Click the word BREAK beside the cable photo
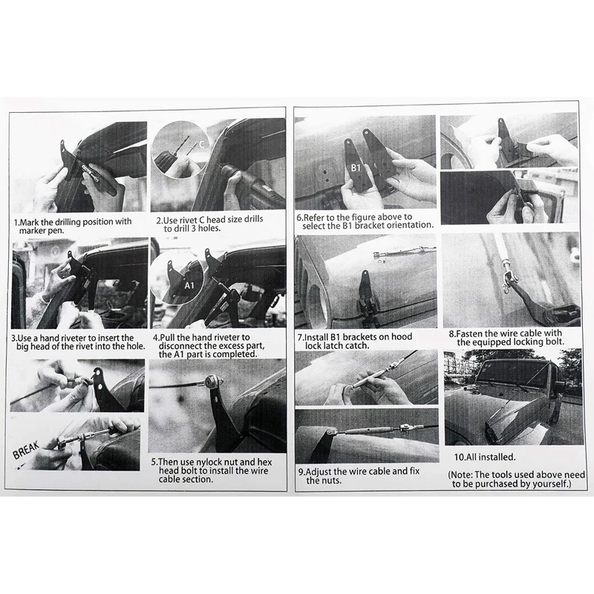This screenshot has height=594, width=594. (x=26, y=450)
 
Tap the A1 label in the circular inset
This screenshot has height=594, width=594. (x=189, y=285)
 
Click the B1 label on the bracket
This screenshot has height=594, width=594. (x=356, y=168)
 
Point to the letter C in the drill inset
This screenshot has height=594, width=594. (x=202, y=144)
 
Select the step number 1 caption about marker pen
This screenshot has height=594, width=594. (x=73, y=226)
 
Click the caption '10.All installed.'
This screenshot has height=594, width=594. (x=485, y=457)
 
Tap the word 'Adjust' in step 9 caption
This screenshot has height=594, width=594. (x=319, y=472)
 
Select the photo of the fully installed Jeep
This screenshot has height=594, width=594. (x=514, y=397)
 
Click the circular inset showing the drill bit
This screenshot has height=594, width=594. (x=180, y=151)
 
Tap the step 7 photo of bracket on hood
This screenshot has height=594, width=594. (x=365, y=282)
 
